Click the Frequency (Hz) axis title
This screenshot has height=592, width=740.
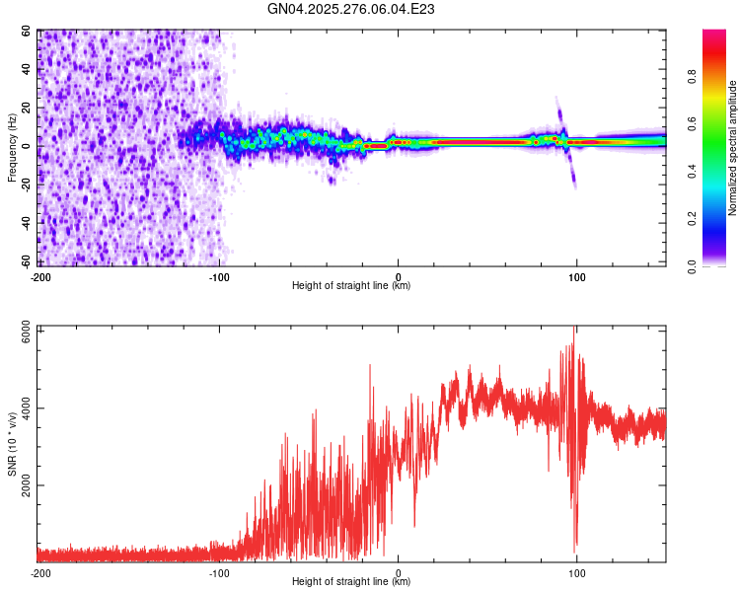tap(12, 149)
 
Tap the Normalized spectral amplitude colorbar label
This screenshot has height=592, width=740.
tap(733, 148)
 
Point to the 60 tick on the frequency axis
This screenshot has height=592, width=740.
tap(27, 32)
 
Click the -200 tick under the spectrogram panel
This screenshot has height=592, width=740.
tap(40, 276)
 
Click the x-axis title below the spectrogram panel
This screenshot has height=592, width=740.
tap(351, 286)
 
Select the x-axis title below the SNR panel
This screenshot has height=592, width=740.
tap(351, 582)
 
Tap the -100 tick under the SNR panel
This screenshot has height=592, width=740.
tap(219, 572)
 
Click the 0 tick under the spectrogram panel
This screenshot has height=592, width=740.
tap(399, 276)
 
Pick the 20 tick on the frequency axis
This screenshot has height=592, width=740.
tap(27, 109)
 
